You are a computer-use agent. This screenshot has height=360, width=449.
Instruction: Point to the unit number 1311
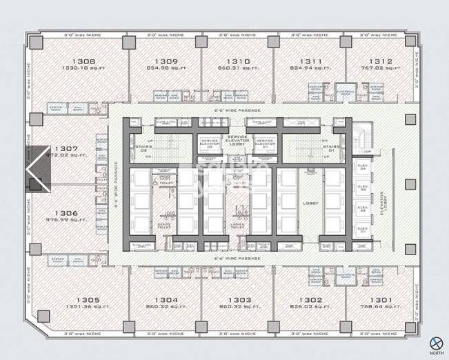click(x=308, y=61)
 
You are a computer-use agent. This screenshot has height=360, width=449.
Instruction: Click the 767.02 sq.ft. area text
click(x=380, y=68)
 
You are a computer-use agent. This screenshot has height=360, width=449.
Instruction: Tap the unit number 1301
click(x=380, y=299)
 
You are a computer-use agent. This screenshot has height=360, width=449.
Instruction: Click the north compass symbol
click(x=435, y=343)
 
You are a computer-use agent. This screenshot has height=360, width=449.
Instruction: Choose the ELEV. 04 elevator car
click(x=363, y=166)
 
